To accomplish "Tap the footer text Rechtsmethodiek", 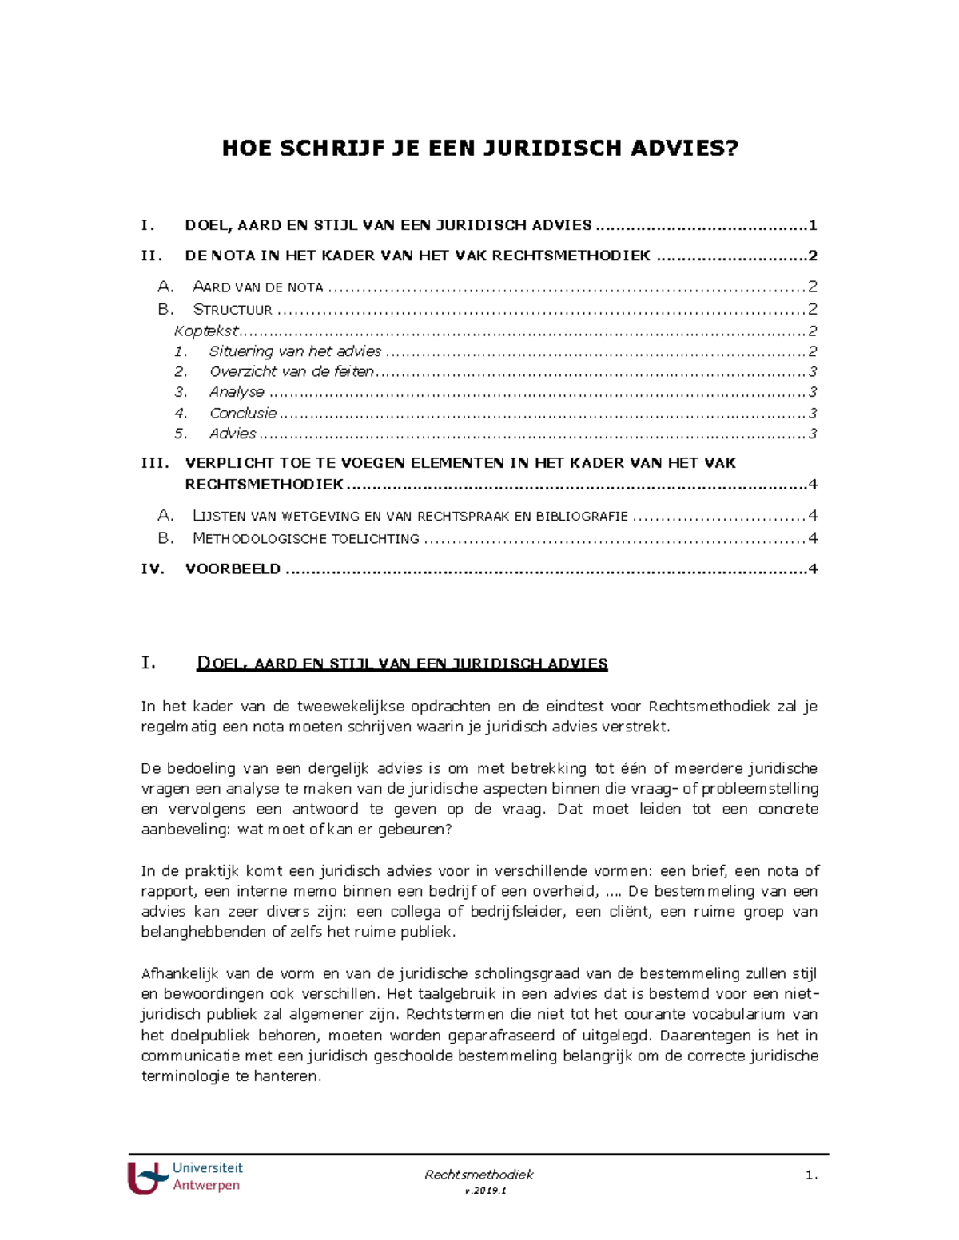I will (x=479, y=1174).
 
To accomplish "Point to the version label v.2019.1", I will (x=479, y=1190).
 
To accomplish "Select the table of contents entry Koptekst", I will (x=206, y=331).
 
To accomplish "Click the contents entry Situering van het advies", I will (x=295, y=351).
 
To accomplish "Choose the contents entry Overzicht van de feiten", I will (x=291, y=371).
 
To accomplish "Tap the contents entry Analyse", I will (x=237, y=392).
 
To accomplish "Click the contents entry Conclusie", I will (x=243, y=413).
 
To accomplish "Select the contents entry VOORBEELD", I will (x=233, y=568).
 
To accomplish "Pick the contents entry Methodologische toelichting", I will (x=305, y=538).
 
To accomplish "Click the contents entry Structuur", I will (x=232, y=309).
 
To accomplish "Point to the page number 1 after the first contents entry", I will (x=812, y=225).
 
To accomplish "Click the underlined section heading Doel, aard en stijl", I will (x=401, y=664).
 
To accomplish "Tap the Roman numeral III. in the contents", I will (x=154, y=463).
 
